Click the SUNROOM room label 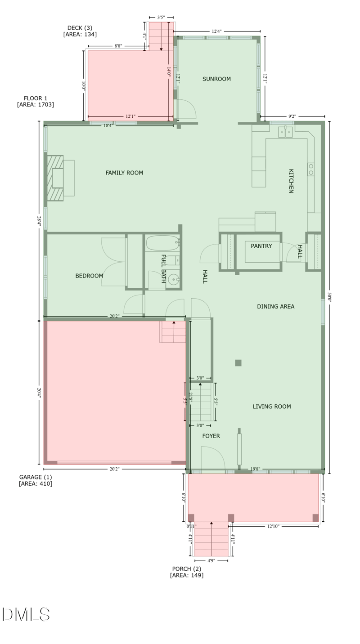[216, 79]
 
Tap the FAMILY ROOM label [124, 173]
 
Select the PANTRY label [261, 246]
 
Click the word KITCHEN [291, 181]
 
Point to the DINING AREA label [275, 307]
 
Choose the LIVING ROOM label [271, 407]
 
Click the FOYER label [211, 436]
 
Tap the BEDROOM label [89, 276]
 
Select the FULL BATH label [163, 268]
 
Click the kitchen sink [285, 132]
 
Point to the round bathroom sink [173, 280]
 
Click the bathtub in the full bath [162, 243]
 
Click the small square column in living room [238, 363]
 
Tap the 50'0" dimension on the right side [329, 297]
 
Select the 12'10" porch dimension [273, 526]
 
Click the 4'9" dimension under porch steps [211, 561]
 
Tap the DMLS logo [26, 614]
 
